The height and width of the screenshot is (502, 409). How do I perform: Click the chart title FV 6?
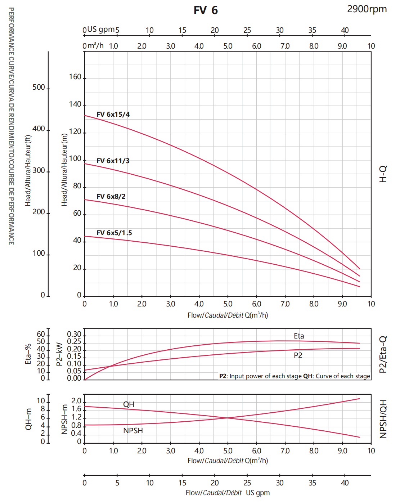pos(206,10)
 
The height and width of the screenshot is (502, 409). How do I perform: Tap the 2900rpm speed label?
pos(367,9)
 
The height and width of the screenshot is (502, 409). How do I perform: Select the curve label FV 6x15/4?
pos(113,115)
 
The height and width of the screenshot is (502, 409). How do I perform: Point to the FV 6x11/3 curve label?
pos(113,161)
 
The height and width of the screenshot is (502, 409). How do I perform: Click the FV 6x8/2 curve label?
pos(111,197)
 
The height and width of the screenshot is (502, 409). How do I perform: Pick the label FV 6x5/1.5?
pos(114,233)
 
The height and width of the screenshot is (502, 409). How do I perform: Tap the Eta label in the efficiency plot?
pos(299,336)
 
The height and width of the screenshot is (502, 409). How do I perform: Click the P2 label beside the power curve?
pos(298,355)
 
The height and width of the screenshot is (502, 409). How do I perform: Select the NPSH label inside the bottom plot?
pos(133,431)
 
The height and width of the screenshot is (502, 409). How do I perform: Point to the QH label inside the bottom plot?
pos(129,404)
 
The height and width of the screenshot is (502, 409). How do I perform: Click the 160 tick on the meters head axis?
pos(75,77)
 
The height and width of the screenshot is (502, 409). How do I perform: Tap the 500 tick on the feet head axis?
pos(39,88)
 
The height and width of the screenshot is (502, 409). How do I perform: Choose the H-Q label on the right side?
pos(383,174)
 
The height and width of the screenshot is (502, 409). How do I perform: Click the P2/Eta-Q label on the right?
pos(383,354)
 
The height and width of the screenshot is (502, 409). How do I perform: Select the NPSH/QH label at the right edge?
pos(383,419)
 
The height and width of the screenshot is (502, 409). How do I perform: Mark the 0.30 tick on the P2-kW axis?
pos(74,335)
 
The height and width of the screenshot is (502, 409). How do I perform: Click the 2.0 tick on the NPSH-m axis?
pos(76,401)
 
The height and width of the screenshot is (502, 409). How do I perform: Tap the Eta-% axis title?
pos(28,354)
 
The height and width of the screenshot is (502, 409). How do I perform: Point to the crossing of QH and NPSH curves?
pos(228,418)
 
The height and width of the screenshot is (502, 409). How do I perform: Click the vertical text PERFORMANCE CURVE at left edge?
pos(12,126)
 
